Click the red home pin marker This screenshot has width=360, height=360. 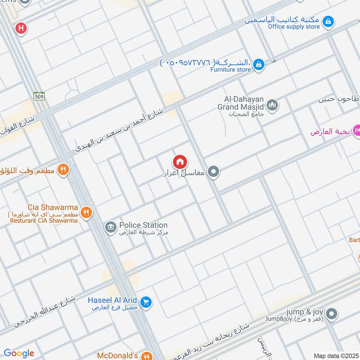pos(180,162)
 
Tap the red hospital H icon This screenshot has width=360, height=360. pos(21,28)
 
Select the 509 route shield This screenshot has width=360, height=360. pos(38,96)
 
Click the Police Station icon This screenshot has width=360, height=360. pos(110,228)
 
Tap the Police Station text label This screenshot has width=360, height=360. pos(143,225)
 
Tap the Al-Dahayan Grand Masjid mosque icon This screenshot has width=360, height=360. pos(272,106)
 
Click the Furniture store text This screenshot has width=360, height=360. pos(232,70)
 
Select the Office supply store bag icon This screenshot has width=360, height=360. pos(328,21)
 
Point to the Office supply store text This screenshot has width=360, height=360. pos(294,27)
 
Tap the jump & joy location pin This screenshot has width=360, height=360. pos(332,314)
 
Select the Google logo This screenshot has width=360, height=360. pos(19,353)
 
